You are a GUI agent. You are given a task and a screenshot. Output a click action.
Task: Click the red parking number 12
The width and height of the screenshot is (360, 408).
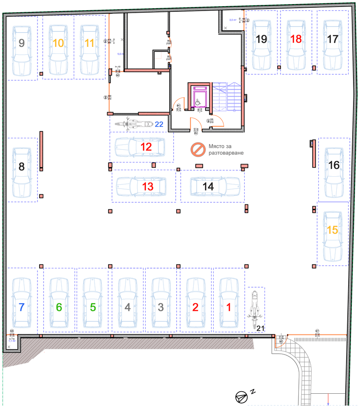pyautogui.click(x=146, y=147)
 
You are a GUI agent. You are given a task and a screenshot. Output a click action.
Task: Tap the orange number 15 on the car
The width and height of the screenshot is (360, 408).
pyautogui.click(x=333, y=230)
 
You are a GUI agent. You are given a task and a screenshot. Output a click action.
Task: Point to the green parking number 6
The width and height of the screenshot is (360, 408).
pyautogui.click(x=59, y=307)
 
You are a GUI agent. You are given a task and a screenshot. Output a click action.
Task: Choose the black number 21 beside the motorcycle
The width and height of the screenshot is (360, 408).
pyautogui.click(x=260, y=328)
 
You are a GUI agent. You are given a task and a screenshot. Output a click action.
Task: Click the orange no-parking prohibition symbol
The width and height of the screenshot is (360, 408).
pyautogui.click(x=198, y=149)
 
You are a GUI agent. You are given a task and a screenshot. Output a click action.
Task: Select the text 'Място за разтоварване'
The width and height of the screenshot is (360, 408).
pyautogui.click(x=226, y=149)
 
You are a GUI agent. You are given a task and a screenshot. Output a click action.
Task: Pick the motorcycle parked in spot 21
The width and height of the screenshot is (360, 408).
pyautogui.click(x=254, y=309)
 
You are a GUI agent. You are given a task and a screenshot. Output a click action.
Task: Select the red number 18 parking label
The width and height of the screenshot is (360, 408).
pyautogui.click(x=296, y=39)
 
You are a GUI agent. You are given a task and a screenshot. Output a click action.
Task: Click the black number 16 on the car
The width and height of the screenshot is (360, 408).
pyautogui.click(x=334, y=165)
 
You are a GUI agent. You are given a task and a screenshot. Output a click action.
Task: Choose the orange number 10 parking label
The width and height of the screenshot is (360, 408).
pyautogui.click(x=58, y=43)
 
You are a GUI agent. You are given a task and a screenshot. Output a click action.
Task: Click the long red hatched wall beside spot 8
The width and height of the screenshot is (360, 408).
pyautogui.click(x=42, y=151)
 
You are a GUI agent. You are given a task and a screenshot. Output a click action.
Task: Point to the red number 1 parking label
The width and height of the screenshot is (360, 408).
pyautogui.click(x=228, y=307)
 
